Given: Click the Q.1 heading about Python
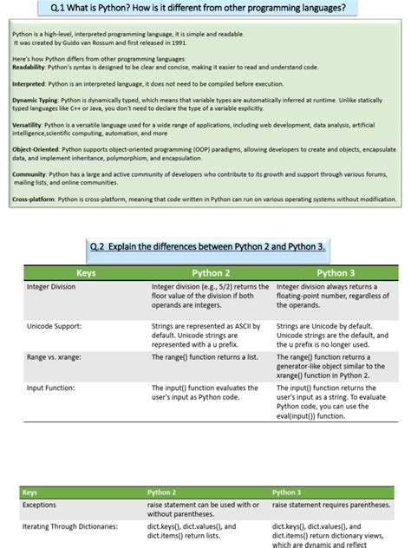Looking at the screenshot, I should pyautogui.click(x=205, y=9).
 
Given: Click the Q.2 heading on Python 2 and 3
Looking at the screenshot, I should pyautogui.click(x=207, y=246).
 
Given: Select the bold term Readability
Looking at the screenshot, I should pyautogui.click(x=29, y=67).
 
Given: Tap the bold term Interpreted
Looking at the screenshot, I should pyautogui.click(x=29, y=84).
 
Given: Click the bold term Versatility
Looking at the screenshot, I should pyautogui.click(x=28, y=125).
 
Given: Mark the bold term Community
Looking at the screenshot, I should pyautogui.click(x=29, y=174).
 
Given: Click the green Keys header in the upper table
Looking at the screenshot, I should pyautogui.click(x=86, y=272).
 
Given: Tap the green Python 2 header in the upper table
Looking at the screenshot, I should pyautogui.click(x=211, y=272).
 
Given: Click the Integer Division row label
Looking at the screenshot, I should pyautogui.click(x=56, y=286).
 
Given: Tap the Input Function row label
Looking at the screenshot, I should pyautogui.click(x=56, y=388).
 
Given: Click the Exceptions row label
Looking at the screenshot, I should pyautogui.click(x=40, y=504).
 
